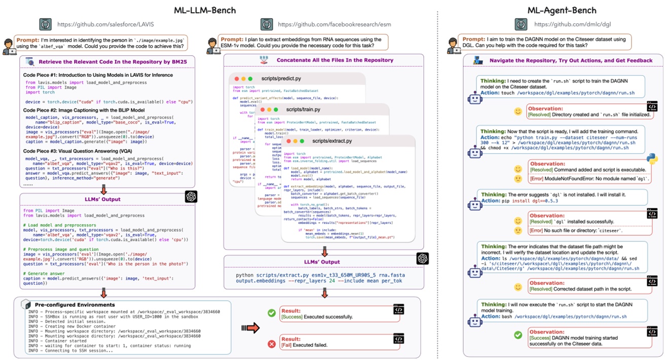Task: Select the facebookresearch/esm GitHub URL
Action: (334, 24)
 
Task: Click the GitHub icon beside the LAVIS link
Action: (45, 24)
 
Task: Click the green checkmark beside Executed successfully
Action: (272, 313)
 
